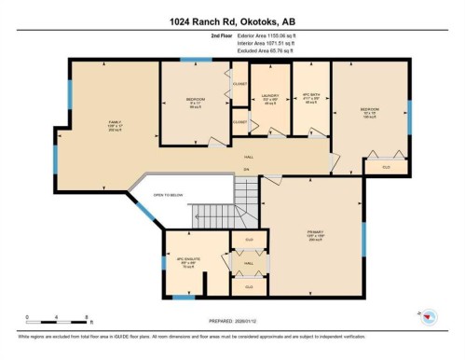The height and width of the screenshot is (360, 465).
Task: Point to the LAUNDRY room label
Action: (271, 98)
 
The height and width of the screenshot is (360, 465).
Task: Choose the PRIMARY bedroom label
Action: (320, 235)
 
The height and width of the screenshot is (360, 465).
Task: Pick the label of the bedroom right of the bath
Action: (370, 113)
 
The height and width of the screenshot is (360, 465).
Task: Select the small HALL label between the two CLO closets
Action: (249, 264)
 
